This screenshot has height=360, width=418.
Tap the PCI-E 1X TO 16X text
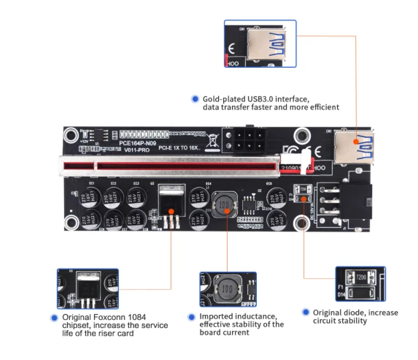[179, 149]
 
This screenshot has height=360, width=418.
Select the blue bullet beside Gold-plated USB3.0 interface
[195, 99]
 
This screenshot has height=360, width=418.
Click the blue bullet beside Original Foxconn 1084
[55, 318]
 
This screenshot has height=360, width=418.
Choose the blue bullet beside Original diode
[305, 312]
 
